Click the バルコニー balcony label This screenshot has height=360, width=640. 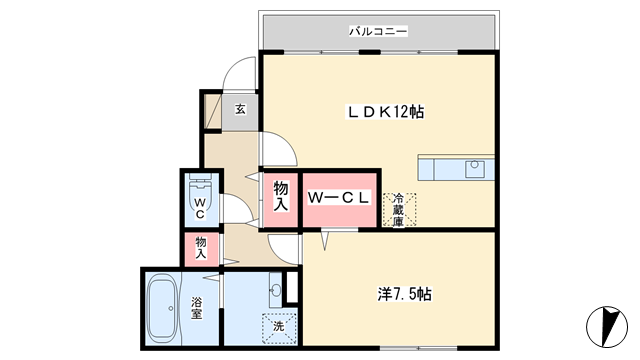pyautogui.click(x=378, y=31)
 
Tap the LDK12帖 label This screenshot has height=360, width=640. pyautogui.click(x=385, y=112)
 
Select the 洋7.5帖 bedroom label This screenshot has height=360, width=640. pyautogui.click(x=404, y=294)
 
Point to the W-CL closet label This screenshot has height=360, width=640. pyautogui.click(x=339, y=198)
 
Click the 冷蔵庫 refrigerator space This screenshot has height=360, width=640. pyautogui.click(x=399, y=210)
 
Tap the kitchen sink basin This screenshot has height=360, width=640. pyautogui.click(x=474, y=169)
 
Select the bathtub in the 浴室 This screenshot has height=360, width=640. pyautogui.click(x=162, y=308)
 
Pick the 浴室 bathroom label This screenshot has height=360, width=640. pyautogui.click(x=197, y=308)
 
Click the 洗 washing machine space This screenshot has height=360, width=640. pyautogui.click(x=279, y=327)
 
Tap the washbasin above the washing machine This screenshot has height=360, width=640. pyautogui.click(x=276, y=290)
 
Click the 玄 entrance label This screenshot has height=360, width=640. pyautogui.click(x=240, y=109)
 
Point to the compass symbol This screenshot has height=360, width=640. pyautogui.click(x=607, y=327)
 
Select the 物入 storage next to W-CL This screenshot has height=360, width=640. pyautogui.click(x=280, y=197)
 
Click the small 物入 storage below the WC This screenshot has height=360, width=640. pyautogui.click(x=201, y=248)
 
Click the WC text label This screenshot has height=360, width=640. pyautogui.click(x=200, y=208)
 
